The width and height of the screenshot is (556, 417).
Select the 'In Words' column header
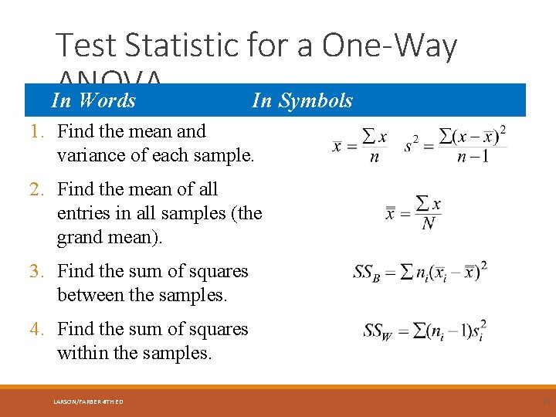click(x=93, y=100)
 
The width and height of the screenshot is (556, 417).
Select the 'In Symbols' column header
click(x=302, y=100)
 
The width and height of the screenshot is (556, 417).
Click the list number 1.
click(x=38, y=131)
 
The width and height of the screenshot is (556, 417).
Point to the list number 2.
click(x=38, y=189)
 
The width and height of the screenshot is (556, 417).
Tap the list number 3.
click(x=38, y=271)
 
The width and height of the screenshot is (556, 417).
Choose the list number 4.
click(x=38, y=329)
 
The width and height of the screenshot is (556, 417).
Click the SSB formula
click(x=420, y=272)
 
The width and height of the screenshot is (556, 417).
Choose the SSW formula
click(x=424, y=331)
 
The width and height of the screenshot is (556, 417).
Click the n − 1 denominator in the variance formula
click(x=473, y=158)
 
